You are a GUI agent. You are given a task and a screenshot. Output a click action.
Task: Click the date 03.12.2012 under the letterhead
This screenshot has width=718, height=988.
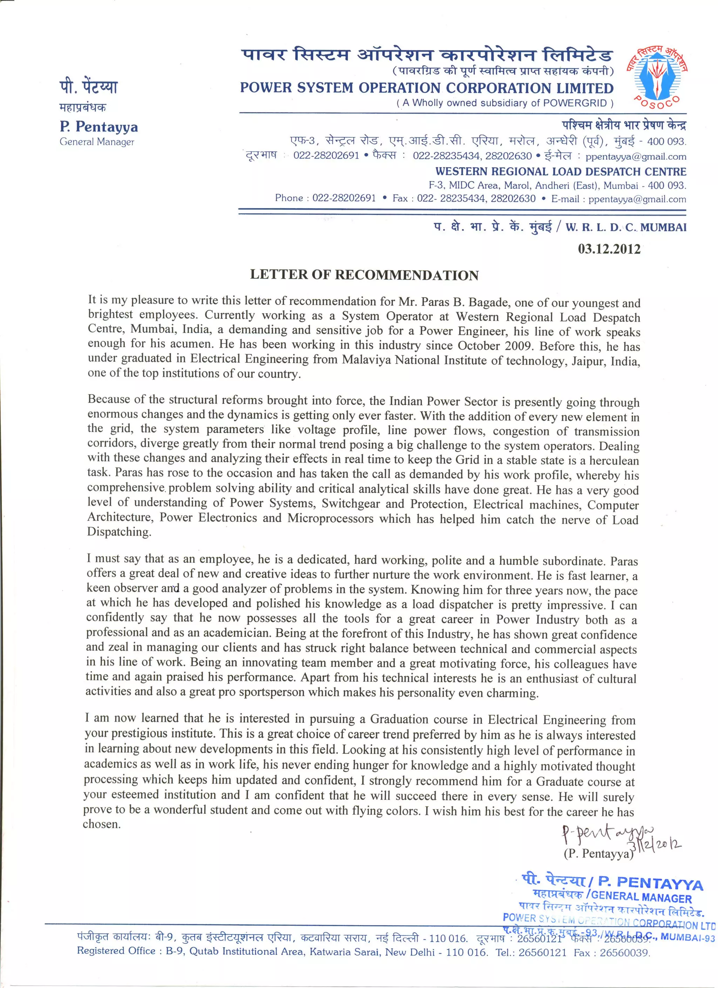(x=609, y=249)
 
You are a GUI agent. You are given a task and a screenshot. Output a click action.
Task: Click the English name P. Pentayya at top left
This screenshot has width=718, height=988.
(x=99, y=127)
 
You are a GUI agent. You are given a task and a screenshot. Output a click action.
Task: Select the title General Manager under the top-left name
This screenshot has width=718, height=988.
(x=97, y=142)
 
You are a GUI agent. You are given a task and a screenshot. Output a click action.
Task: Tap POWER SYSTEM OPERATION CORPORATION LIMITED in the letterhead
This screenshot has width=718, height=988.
(x=426, y=88)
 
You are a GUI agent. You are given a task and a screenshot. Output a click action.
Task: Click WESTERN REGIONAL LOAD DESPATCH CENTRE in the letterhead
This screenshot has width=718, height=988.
(x=561, y=172)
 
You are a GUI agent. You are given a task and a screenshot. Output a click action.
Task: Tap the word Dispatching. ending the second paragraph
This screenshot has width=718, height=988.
(x=119, y=532)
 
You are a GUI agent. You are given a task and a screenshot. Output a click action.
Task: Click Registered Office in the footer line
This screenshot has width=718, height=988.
(x=116, y=951)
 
